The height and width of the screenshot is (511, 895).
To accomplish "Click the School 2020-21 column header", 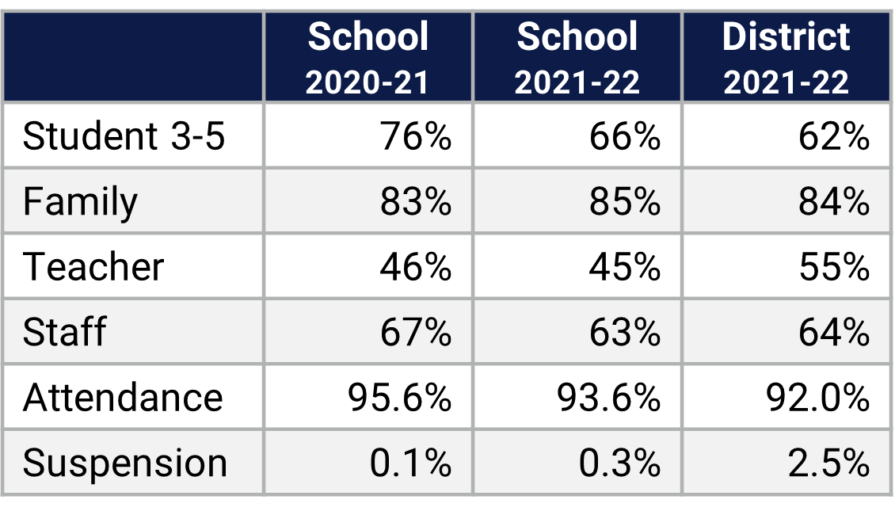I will [368, 58].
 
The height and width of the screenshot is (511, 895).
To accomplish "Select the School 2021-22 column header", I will [577, 58].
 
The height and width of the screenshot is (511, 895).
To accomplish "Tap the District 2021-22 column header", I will [786, 58].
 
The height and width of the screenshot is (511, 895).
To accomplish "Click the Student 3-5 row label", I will [124, 136].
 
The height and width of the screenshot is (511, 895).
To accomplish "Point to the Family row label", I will [80, 201].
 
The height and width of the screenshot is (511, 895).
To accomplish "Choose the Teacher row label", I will [93, 266].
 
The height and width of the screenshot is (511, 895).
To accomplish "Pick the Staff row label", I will [64, 331].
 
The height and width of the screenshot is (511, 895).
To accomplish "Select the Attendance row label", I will [123, 396].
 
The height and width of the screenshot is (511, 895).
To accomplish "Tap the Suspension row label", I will [125, 463].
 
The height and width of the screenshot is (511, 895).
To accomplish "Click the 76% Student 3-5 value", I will [416, 136].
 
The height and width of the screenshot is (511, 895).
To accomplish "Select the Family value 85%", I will [625, 201].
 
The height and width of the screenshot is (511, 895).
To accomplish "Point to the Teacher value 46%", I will [416, 266].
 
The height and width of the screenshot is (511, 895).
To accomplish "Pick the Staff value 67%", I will [416, 331].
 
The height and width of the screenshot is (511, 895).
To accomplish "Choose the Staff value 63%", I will [625, 331].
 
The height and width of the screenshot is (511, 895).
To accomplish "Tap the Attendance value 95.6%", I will [400, 396].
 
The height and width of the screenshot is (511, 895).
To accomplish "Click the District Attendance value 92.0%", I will [818, 396].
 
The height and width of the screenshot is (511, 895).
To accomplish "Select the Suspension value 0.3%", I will [619, 463].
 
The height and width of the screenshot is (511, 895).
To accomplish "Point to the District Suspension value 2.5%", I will [828, 463].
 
